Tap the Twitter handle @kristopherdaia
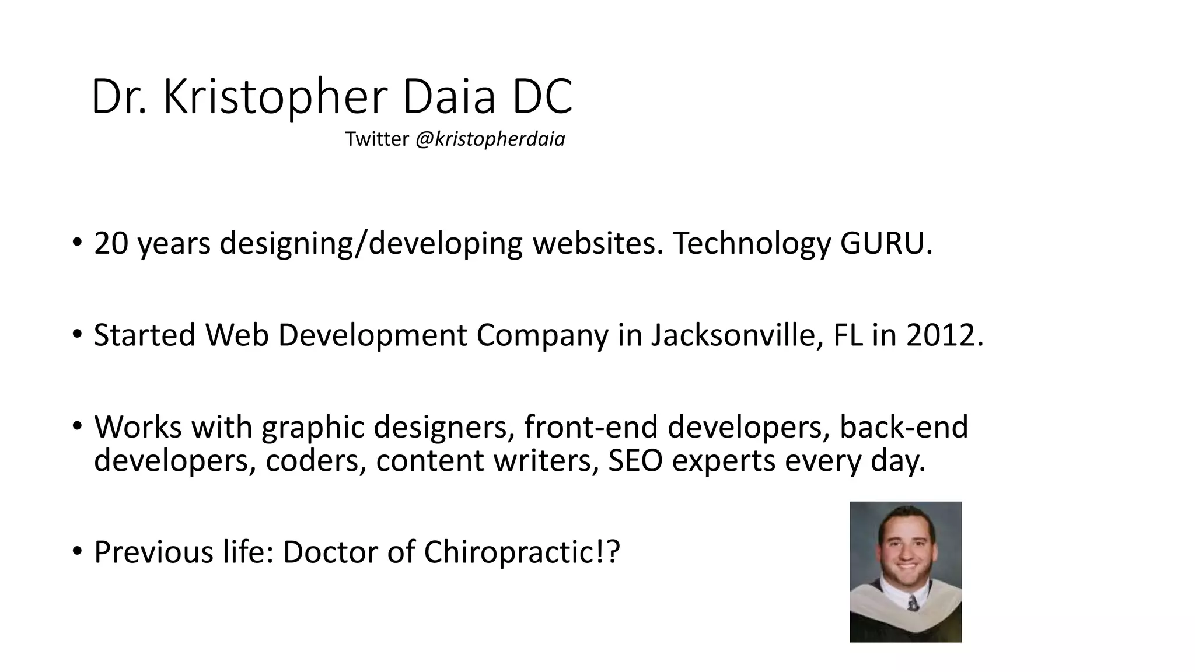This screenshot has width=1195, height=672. pyautogui.click(x=490, y=139)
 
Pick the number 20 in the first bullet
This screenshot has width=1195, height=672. pyautogui.click(x=111, y=243)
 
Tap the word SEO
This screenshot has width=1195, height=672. pyautogui.click(x=635, y=461)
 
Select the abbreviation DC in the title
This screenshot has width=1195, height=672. pyautogui.click(x=542, y=97)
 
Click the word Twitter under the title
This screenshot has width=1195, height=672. pyautogui.click(x=377, y=139)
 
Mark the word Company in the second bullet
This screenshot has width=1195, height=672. pyautogui.click(x=542, y=335)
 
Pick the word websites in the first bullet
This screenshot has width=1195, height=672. pyautogui.click(x=597, y=243)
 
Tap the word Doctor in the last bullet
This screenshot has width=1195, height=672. pyautogui.click(x=330, y=552)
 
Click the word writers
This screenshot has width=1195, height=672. pyautogui.click(x=546, y=461)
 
